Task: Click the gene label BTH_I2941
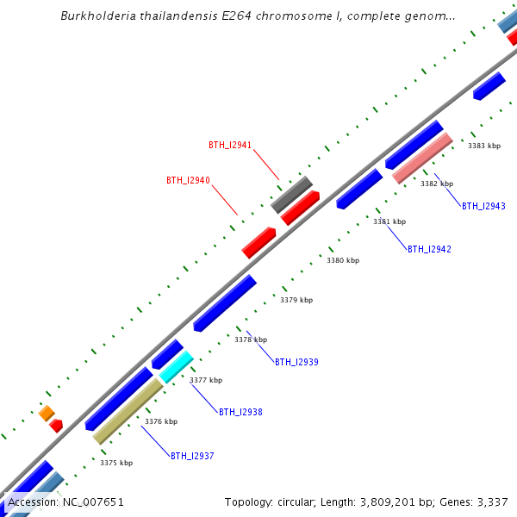tap(230, 146)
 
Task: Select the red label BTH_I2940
tap(188, 181)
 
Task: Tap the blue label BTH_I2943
tap(483, 207)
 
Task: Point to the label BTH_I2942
tap(429, 250)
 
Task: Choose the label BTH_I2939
tap(296, 363)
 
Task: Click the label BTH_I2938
tap(240, 413)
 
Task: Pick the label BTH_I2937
tap(192, 457)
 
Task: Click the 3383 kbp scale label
tap(484, 146)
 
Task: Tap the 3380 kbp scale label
tap(343, 260)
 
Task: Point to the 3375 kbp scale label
tap(116, 464)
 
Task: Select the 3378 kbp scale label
tap(251, 340)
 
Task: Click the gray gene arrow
tap(291, 195)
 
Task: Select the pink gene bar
tap(422, 158)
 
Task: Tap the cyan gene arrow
tap(176, 367)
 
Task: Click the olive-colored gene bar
tap(128, 412)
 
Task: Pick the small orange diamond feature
tap(47, 414)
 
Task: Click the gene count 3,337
tap(492, 502)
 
